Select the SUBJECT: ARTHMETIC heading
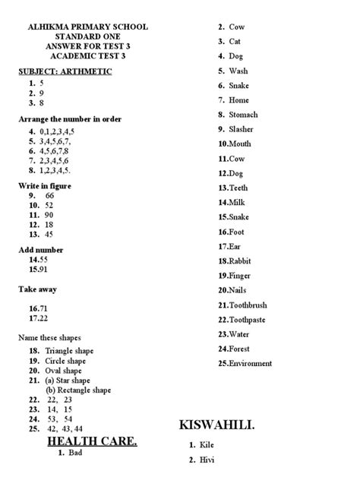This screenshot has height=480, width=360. [x=65, y=71]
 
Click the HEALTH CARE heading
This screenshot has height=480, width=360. [x=92, y=441]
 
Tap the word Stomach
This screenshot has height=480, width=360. [x=243, y=115]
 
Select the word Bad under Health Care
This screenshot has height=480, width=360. [x=74, y=453]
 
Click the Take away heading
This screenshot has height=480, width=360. [x=38, y=289]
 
